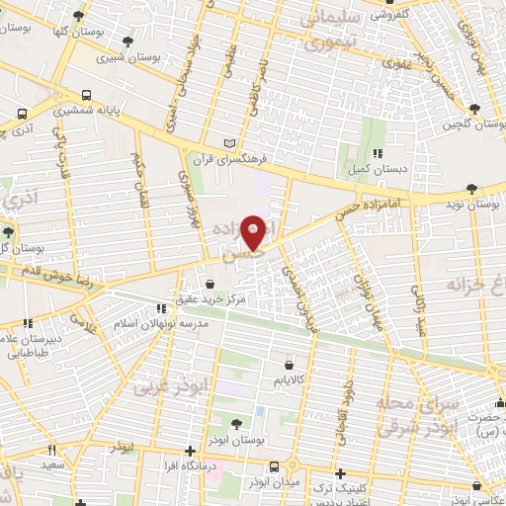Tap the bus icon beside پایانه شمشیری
click(x=88, y=97)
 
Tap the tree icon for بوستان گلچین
click(x=475, y=108)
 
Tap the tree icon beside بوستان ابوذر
click(x=236, y=424)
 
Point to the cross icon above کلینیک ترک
click(x=341, y=473)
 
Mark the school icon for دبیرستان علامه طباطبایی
click(x=28, y=322)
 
